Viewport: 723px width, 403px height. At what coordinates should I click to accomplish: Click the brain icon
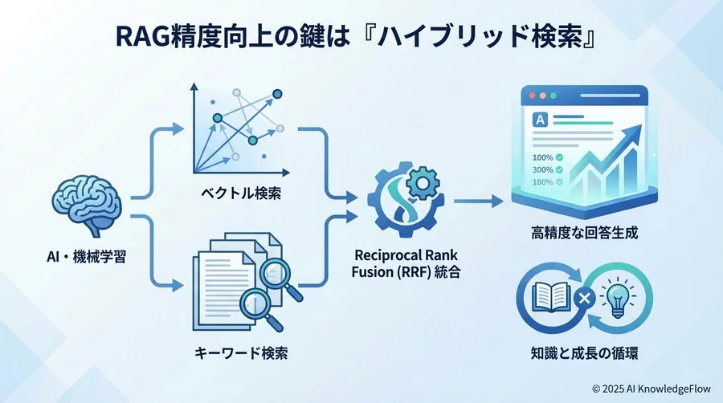click(87, 206)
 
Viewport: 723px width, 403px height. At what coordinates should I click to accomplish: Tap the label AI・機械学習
click(87, 257)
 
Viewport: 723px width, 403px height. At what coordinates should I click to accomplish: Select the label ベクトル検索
click(241, 193)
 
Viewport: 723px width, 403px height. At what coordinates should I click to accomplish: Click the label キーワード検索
click(241, 353)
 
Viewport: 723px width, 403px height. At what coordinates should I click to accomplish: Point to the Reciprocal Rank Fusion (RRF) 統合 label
click(406, 263)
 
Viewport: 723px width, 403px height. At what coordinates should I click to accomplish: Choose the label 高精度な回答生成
click(584, 233)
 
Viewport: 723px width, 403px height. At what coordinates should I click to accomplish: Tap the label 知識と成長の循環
click(584, 353)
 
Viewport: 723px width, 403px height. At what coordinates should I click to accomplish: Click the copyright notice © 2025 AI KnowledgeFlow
click(651, 389)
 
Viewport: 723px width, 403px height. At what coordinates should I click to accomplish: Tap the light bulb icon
click(618, 299)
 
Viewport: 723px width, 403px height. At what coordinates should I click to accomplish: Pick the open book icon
click(549, 298)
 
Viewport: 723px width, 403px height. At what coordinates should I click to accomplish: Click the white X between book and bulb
click(584, 299)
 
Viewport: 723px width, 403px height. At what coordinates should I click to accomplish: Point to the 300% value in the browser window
click(543, 169)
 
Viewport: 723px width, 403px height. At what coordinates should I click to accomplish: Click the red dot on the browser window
click(532, 96)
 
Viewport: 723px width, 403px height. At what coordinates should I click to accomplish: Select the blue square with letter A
click(540, 120)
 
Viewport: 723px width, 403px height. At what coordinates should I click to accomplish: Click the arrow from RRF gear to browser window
click(478, 201)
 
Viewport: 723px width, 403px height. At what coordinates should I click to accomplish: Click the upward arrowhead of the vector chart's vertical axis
click(194, 87)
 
